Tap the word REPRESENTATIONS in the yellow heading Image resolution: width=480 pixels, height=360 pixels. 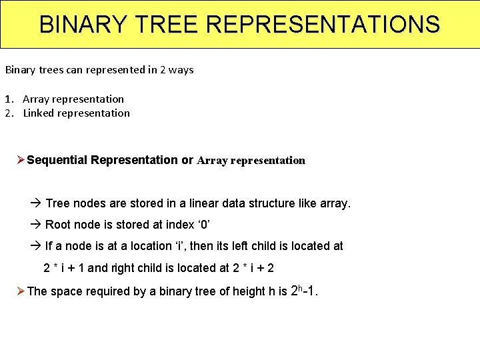(x=323, y=25)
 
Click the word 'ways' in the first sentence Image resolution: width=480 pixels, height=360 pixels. (x=182, y=69)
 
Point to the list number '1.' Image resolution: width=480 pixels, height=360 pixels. (x=9, y=99)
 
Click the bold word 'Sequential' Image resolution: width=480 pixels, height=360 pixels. (x=57, y=160)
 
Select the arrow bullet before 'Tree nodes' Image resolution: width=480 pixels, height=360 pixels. (x=36, y=203)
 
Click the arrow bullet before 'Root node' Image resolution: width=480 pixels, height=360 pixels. (x=36, y=225)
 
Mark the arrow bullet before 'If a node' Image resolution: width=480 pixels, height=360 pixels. (x=36, y=246)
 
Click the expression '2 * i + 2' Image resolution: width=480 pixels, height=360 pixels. (x=254, y=268)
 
